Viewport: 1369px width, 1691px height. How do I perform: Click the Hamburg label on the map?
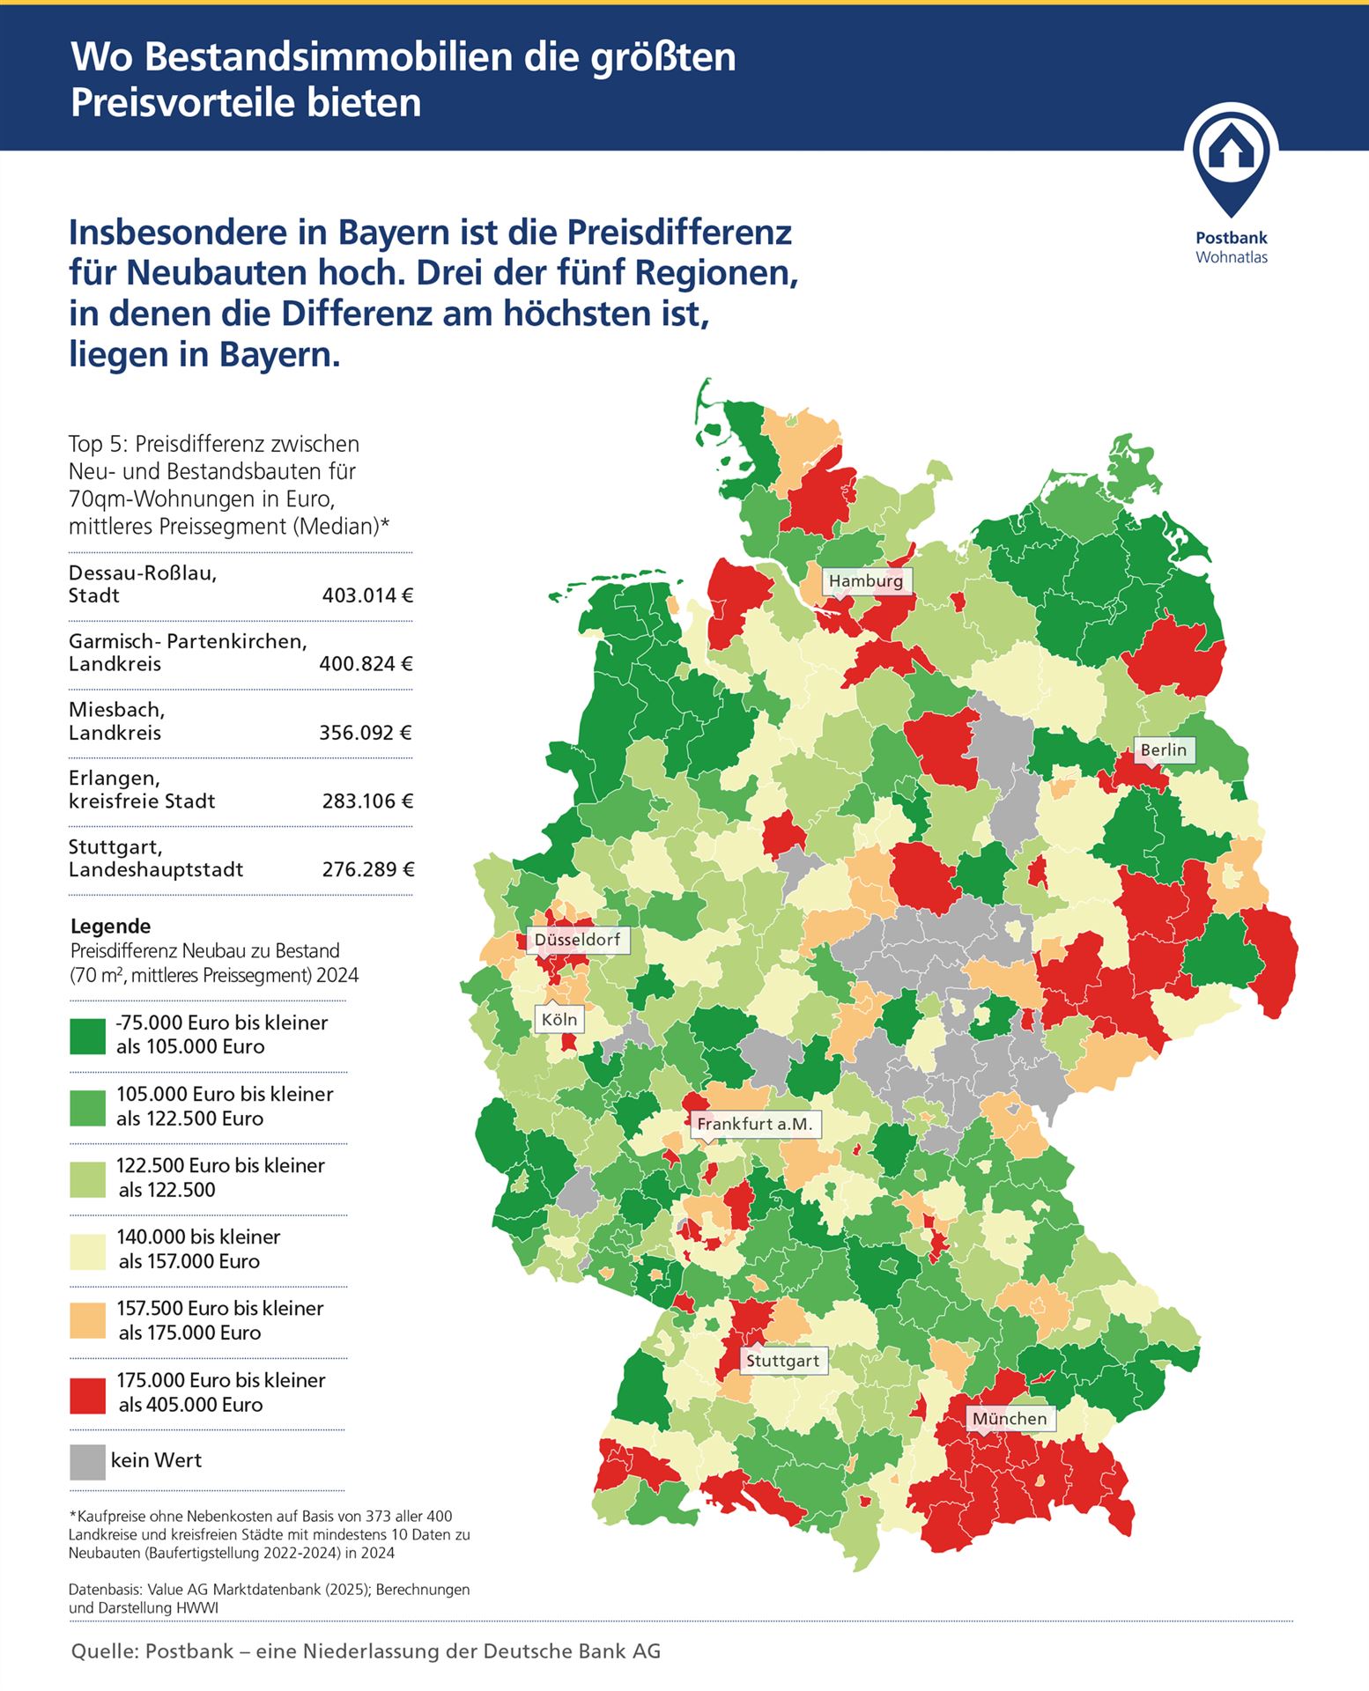[x=866, y=581]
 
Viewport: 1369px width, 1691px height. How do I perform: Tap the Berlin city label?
[x=1163, y=750]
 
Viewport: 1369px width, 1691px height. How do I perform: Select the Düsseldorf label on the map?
[x=577, y=940]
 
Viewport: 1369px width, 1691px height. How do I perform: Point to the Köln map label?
[x=559, y=1020]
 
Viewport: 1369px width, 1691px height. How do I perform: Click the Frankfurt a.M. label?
[x=754, y=1124]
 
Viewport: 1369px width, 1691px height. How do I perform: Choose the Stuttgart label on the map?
[x=782, y=1361]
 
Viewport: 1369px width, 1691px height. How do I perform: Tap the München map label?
[x=1010, y=1419]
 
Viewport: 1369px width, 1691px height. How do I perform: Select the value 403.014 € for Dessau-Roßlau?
[x=367, y=595]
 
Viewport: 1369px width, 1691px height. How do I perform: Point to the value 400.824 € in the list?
[x=366, y=664]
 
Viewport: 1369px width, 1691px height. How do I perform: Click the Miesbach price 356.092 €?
[x=366, y=733]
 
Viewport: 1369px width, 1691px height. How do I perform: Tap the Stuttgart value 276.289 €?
[x=367, y=870]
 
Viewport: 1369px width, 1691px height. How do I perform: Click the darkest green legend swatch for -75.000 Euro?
[x=87, y=1036]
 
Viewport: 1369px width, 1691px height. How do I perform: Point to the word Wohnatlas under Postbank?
[x=1231, y=258]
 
